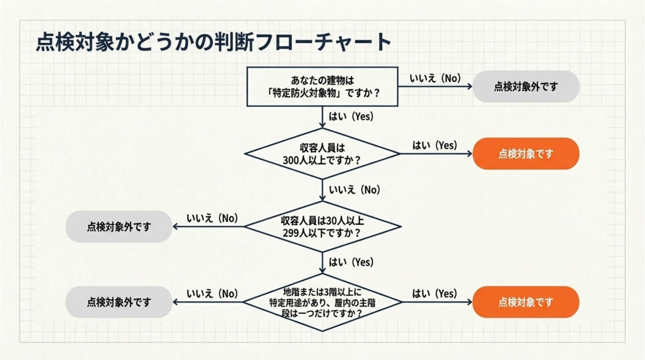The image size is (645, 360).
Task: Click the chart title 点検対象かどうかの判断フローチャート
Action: (x=214, y=42)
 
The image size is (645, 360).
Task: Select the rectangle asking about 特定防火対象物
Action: (x=322, y=87)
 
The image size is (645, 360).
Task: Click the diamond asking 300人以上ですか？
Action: (x=322, y=154)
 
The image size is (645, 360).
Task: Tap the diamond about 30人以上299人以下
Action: (x=322, y=227)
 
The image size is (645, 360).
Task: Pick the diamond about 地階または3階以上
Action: (x=322, y=302)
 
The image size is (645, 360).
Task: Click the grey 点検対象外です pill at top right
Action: (x=526, y=87)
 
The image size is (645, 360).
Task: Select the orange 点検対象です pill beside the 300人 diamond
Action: (x=526, y=154)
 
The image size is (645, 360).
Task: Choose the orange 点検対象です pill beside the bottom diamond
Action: (x=526, y=302)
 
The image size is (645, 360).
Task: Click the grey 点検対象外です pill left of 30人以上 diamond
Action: (x=119, y=227)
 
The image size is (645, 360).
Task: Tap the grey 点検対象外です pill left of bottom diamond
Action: (x=119, y=302)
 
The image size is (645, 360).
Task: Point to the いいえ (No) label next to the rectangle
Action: (x=435, y=78)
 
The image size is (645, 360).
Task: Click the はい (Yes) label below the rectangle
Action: (x=351, y=117)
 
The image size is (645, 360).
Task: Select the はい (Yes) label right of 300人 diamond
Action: (x=435, y=145)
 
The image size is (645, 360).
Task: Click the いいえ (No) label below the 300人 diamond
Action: (x=354, y=190)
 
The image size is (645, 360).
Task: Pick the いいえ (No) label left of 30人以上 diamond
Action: (x=212, y=218)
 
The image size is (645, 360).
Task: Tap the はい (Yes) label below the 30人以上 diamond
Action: (x=351, y=262)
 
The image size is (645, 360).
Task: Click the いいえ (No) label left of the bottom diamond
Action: (x=212, y=294)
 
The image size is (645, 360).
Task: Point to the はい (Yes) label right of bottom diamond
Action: (x=435, y=293)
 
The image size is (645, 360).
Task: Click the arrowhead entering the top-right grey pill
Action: (x=469, y=86)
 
